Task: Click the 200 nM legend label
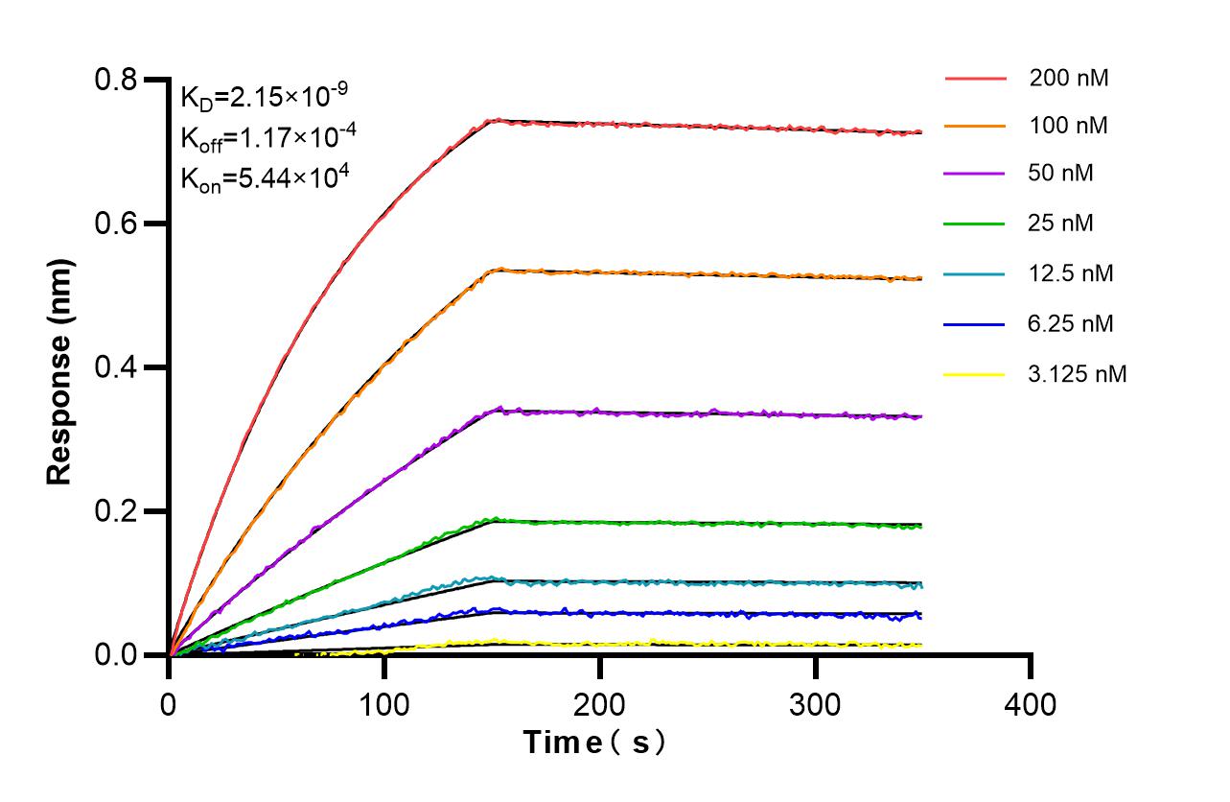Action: click(x=1069, y=79)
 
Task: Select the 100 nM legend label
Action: click(x=1069, y=126)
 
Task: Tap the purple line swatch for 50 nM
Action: click(x=975, y=174)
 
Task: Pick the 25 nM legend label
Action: click(x=1061, y=224)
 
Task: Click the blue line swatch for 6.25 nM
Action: click(x=975, y=323)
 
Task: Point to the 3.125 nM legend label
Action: click(x=1078, y=374)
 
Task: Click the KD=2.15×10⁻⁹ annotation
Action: click(x=264, y=96)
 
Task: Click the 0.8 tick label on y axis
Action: click(x=116, y=80)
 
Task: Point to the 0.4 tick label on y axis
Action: click(x=116, y=367)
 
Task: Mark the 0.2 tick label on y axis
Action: click(x=116, y=511)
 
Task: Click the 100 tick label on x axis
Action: click(x=383, y=705)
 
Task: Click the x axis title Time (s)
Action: click(x=594, y=742)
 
